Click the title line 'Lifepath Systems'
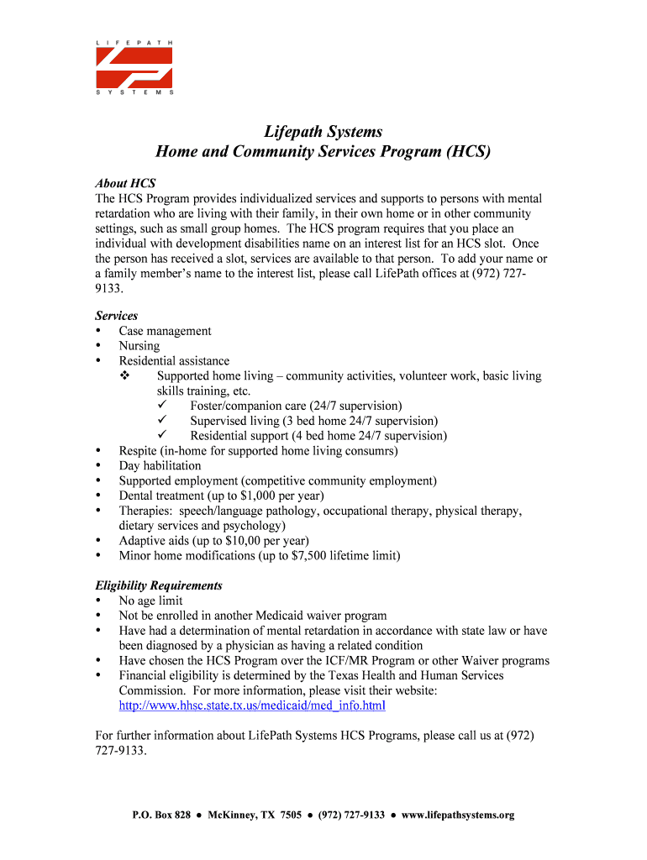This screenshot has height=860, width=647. [323, 132]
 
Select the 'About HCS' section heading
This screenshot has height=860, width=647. [125, 183]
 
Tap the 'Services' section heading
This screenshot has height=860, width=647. [117, 316]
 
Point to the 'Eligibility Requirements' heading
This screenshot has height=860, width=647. [159, 585]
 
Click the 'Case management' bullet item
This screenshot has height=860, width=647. [165, 331]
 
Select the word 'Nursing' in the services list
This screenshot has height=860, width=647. [139, 346]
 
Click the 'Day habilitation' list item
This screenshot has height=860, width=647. [160, 466]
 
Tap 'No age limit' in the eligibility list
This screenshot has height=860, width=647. [150, 600]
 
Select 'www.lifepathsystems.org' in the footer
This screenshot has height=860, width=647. [458, 815]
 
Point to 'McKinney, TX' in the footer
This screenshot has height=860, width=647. [242, 815]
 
